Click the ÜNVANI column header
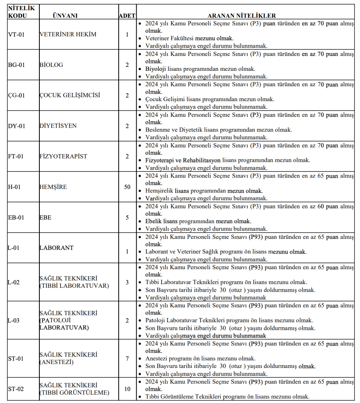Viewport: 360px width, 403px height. point(65,16)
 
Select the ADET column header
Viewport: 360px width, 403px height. point(127,16)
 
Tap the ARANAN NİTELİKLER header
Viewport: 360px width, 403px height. point(242,16)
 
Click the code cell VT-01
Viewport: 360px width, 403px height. point(16,34)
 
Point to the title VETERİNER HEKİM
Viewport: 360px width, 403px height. point(68,34)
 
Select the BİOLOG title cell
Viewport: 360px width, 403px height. point(51,65)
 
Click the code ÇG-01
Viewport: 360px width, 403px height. point(16,95)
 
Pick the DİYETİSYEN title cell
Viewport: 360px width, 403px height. point(58,126)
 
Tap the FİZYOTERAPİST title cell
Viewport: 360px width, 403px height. point(63,156)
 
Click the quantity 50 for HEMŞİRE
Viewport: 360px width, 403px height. point(127,187)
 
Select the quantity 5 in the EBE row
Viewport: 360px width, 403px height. point(127,217)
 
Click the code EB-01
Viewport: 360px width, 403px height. point(16,217)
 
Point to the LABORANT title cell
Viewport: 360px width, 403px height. point(56,248)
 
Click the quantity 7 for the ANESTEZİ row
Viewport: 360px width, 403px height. point(127,359)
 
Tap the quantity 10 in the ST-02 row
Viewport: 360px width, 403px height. point(127,389)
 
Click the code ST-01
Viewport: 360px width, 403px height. point(16,359)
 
